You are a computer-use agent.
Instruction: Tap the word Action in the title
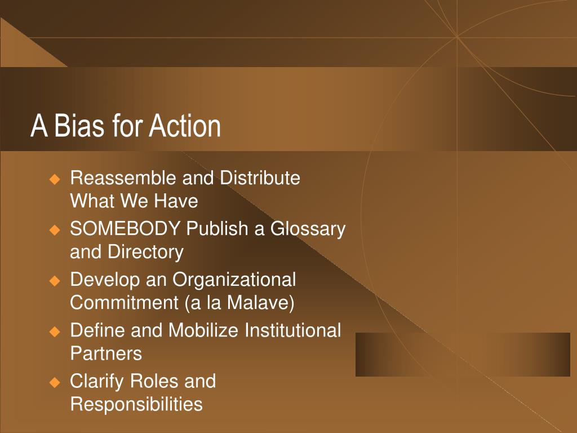[185, 126]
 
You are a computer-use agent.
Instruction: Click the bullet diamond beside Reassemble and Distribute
[55, 180]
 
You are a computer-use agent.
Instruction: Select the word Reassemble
[124, 178]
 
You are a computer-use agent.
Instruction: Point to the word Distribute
[260, 178]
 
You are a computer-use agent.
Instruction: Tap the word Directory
[145, 253]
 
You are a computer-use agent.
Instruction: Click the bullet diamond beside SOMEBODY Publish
[55, 231]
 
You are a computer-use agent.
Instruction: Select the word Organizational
[234, 280]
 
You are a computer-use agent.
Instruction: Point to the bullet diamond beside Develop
[55, 281]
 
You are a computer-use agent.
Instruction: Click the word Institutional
[292, 330]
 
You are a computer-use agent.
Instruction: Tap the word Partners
[106, 354]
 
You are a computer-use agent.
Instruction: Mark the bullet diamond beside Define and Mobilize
[55, 332]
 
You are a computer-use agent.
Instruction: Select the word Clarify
[97, 382]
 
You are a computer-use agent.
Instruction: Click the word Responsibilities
[136, 404]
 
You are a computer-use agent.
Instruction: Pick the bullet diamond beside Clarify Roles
[55, 383]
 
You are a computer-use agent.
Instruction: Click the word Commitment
[125, 303]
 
